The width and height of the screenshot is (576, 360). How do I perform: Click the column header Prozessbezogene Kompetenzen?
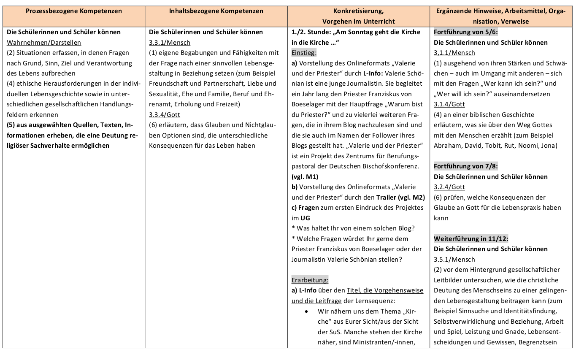tap(74, 11)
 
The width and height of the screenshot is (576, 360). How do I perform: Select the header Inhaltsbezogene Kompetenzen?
tap(216, 11)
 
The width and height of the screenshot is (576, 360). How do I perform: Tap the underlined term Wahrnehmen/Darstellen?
tap(44, 42)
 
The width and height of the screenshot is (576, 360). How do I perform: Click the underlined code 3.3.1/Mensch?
tap(170, 42)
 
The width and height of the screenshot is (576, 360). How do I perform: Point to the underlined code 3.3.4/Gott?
tap(165, 114)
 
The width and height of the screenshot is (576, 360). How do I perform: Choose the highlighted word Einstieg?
tap(304, 53)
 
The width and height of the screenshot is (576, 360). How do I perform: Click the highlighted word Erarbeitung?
tap(310, 280)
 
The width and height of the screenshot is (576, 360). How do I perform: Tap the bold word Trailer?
tap(386, 197)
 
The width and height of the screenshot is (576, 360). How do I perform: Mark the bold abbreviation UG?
tap(305, 218)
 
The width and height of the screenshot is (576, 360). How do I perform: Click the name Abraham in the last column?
tap(447, 146)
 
